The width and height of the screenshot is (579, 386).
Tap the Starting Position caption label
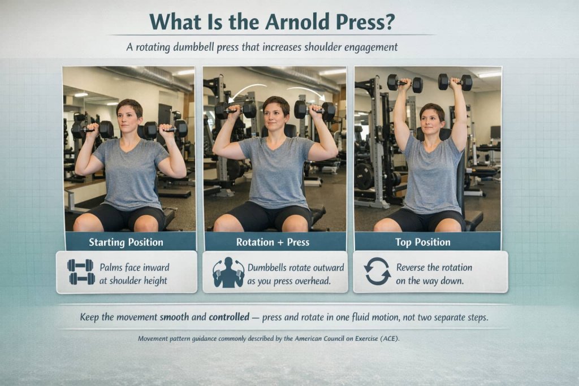(126, 242)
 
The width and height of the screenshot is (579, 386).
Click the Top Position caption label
(423, 242)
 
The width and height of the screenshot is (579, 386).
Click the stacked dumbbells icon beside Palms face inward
(80, 272)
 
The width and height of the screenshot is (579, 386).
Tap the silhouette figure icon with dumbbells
(228, 272)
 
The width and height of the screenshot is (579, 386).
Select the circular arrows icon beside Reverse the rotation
(377, 271)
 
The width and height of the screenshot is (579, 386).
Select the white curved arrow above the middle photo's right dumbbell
(305, 91)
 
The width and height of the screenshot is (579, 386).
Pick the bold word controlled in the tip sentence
(229, 318)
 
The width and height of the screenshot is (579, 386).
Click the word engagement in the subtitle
(367, 47)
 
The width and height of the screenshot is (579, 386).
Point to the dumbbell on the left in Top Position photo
(404, 83)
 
